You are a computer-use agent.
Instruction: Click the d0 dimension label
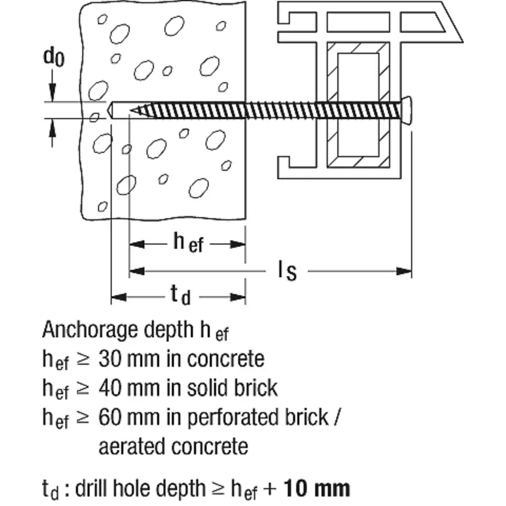click(x=53, y=57)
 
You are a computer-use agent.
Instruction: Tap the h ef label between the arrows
click(x=188, y=243)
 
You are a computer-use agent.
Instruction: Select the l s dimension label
click(x=287, y=271)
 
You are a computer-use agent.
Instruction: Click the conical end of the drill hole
click(x=110, y=111)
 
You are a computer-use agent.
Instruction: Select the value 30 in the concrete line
click(x=110, y=359)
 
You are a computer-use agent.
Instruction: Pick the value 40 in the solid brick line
click(x=110, y=388)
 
